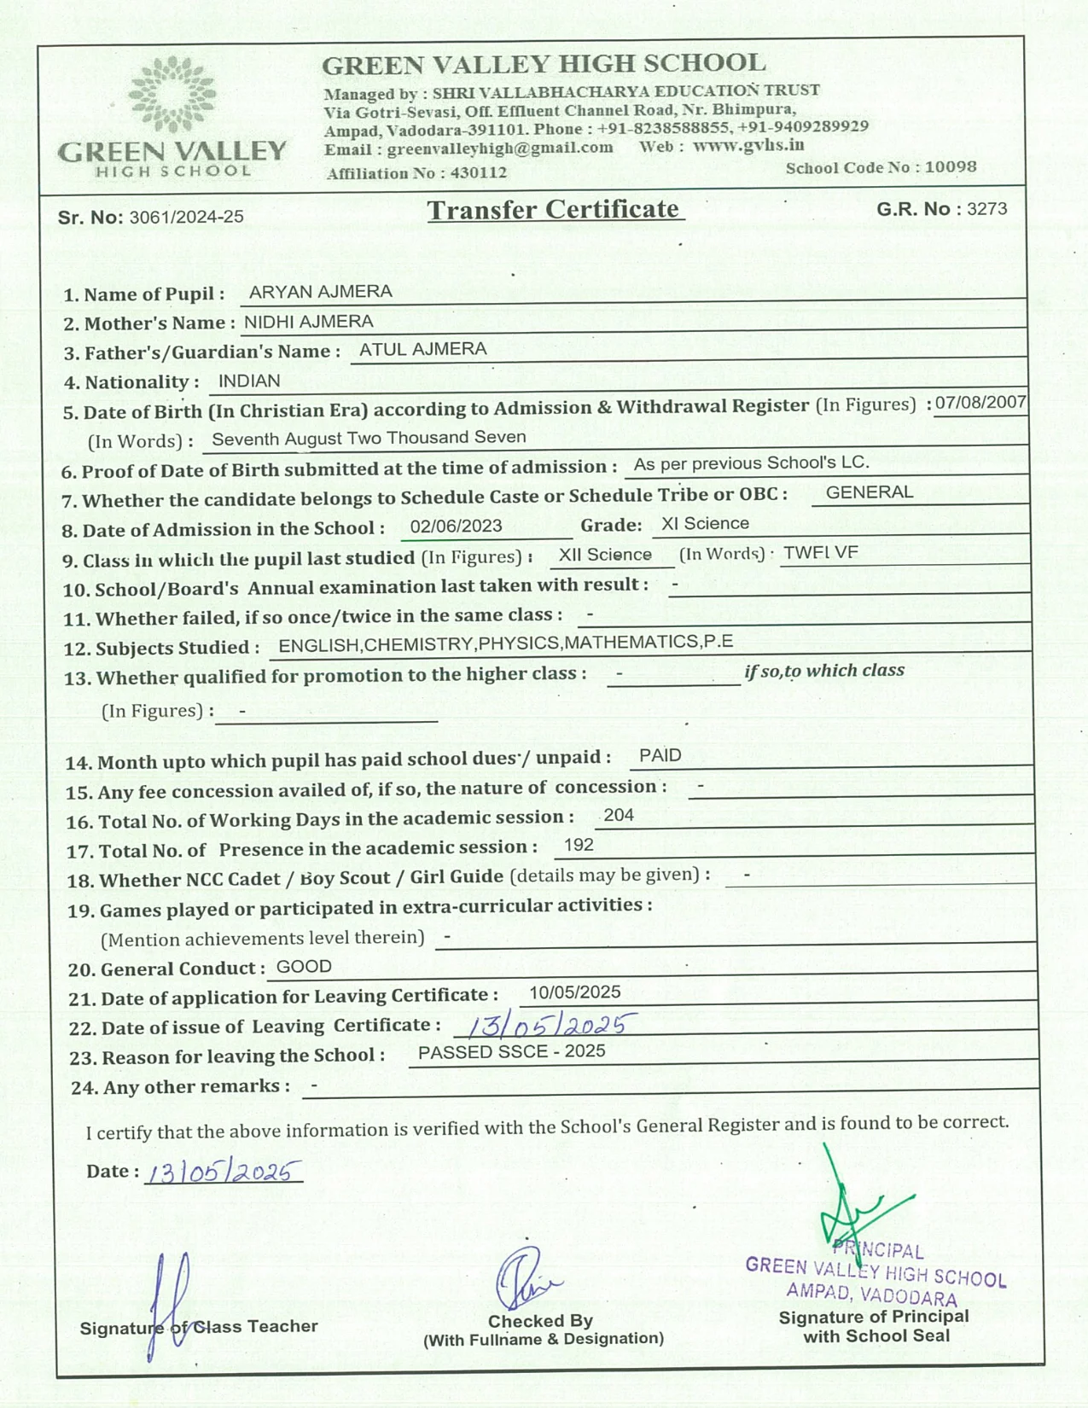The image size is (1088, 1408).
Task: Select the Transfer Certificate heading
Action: click(x=554, y=210)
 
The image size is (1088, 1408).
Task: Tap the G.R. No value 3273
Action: click(x=986, y=209)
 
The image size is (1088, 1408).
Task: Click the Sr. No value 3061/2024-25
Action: click(x=186, y=218)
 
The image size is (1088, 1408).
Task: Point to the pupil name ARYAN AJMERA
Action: click(x=320, y=292)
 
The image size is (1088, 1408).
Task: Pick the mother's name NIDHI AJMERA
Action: click(x=308, y=322)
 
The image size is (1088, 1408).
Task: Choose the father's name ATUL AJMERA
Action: click(x=422, y=349)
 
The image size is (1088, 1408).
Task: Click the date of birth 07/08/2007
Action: click(x=980, y=403)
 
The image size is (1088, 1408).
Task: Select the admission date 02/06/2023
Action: click(x=456, y=527)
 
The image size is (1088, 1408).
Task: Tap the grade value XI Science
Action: click(x=705, y=524)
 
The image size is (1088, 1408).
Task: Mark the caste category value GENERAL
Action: click(x=869, y=492)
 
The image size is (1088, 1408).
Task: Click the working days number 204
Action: click(x=618, y=815)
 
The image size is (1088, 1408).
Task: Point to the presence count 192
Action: click(x=579, y=845)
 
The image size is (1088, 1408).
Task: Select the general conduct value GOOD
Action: click(x=304, y=967)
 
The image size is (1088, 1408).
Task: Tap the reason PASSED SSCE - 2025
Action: click(x=511, y=1052)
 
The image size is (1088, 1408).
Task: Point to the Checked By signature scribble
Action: click(x=525, y=1279)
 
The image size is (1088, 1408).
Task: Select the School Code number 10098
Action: click(x=950, y=167)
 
